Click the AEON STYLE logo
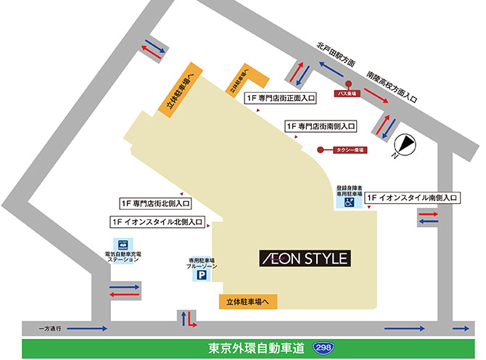(x=305, y=258)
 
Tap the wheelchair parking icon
(x=348, y=204)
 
